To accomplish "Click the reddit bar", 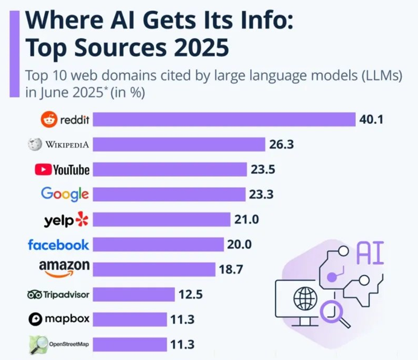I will (x=223, y=120).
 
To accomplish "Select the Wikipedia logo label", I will (x=59, y=145).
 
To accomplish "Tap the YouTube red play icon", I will (x=43, y=170).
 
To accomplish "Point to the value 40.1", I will (x=371, y=120).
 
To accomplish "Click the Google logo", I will (x=65, y=194).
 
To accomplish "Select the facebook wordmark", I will (x=58, y=245).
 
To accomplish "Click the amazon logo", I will (x=64, y=267).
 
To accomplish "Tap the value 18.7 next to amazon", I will (x=231, y=269).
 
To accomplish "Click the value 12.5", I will (x=190, y=295).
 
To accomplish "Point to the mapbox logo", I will (x=59, y=319).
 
